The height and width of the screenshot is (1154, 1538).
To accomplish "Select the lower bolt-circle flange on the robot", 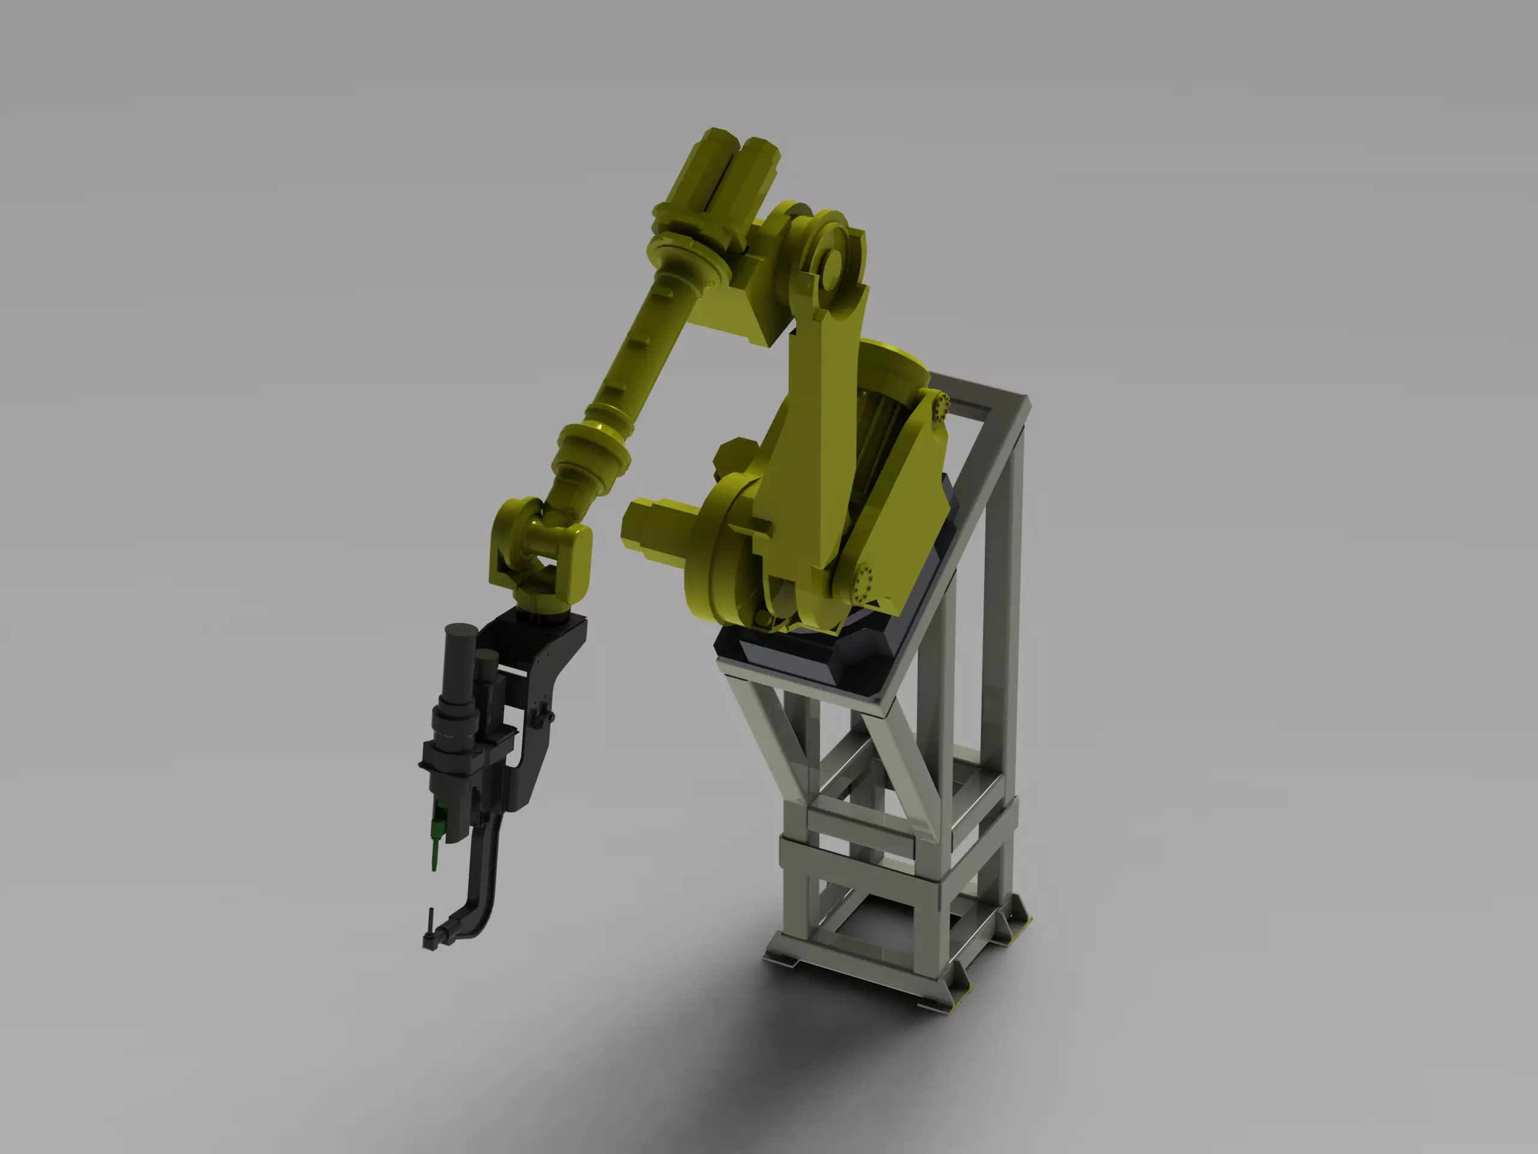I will coord(865,579).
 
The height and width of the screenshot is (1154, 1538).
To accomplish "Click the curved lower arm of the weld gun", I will coord(480,897).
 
